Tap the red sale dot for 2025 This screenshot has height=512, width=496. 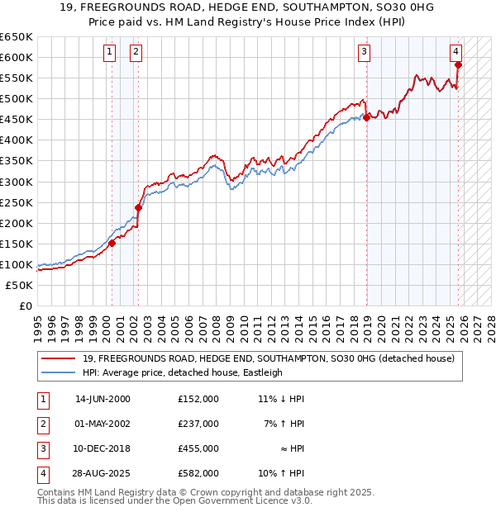pyautogui.click(x=458, y=64)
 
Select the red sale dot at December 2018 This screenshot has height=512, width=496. pyautogui.click(x=366, y=117)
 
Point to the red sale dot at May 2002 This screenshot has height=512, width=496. pyautogui.click(x=138, y=207)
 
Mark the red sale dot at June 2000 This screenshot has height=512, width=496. pyautogui.click(x=112, y=243)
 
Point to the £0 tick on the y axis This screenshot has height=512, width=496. pyautogui.click(x=26, y=306)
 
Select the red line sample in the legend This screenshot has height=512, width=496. pyautogui.click(x=60, y=359)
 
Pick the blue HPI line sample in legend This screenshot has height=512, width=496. pyautogui.click(x=60, y=372)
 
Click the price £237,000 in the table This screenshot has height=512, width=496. pyautogui.click(x=198, y=424)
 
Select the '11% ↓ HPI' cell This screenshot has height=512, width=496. pyautogui.click(x=280, y=399)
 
